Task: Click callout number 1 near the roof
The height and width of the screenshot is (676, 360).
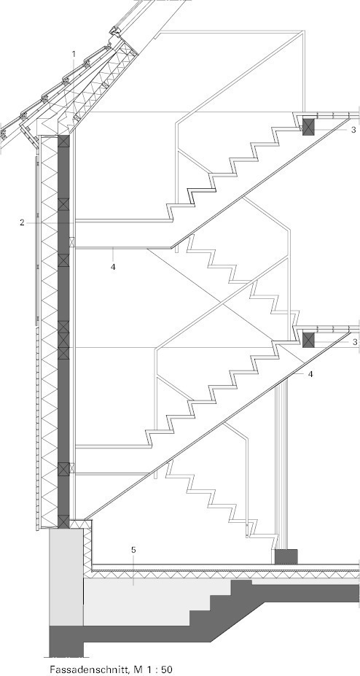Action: click(x=74, y=54)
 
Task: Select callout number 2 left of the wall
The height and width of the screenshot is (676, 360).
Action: click(x=22, y=223)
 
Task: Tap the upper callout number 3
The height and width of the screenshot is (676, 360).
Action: click(x=353, y=130)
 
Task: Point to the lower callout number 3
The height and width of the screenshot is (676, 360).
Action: click(x=353, y=342)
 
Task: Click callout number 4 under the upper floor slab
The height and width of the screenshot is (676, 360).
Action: click(x=113, y=267)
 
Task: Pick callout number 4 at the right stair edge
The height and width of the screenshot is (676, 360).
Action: click(x=310, y=374)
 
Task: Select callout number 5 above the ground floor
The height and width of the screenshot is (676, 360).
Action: click(x=133, y=550)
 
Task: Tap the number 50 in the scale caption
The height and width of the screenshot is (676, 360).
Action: click(x=167, y=669)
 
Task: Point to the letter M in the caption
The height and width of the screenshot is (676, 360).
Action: click(x=138, y=669)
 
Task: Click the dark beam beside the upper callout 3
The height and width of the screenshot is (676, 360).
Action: click(x=309, y=127)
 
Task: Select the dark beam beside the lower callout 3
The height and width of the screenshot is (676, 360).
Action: click(x=309, y=340)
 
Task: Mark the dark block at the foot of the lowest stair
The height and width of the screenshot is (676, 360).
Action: click(x=286, y=556)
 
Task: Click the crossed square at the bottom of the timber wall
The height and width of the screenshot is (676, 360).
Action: click(x=63, y=521)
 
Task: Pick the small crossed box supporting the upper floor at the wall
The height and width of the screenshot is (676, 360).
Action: click(x=72, y=242)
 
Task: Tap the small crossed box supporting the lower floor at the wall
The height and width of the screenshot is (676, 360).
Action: click(x=72, y=467)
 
